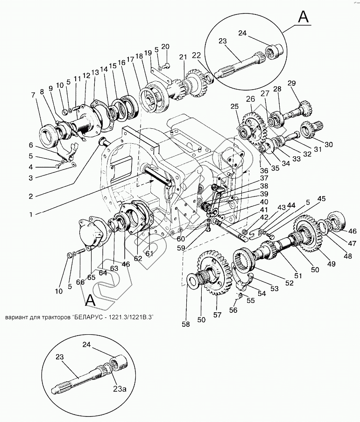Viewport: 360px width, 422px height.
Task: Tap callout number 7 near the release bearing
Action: (x=33, y=95)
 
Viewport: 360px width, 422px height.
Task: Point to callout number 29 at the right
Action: (x=304, y=83)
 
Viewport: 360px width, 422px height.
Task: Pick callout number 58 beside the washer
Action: (x=186, y=324)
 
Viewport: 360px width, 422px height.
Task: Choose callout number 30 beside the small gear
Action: (x=329, y=145)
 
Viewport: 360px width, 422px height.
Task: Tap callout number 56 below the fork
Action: (x=232, y=310)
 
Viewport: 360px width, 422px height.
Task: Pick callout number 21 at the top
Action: (x=182, y=57)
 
